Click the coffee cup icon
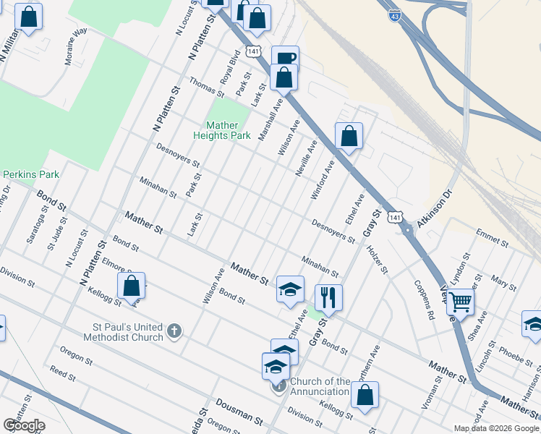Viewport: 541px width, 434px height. pos(285,59)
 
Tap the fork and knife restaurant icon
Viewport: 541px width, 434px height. pos(328,297)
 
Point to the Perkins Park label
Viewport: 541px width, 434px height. pos(30,174)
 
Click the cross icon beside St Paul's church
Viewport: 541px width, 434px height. pos(173,332)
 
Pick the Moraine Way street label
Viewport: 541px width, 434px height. pos(76,46)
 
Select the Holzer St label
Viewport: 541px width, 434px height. pos(378,260)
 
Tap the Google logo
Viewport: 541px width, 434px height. pos(24,425)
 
